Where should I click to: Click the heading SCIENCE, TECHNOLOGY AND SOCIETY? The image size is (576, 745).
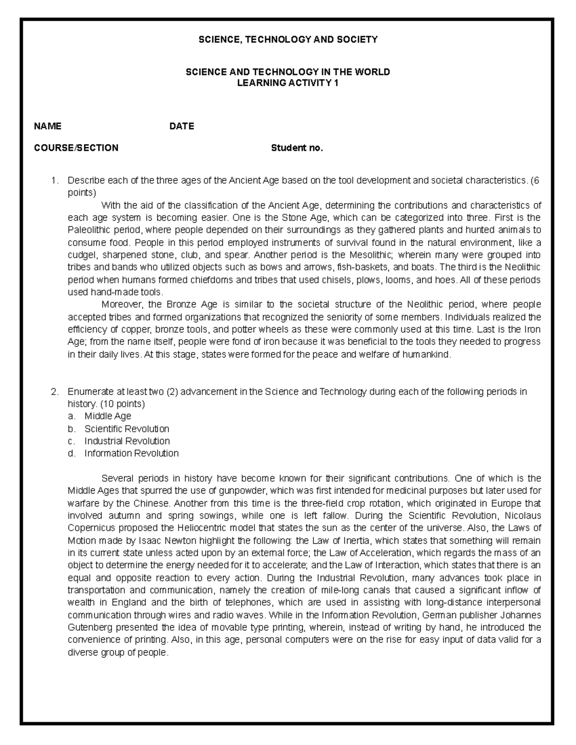click(x=288, y=40)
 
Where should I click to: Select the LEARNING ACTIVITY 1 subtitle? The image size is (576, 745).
click(x=288, y=83)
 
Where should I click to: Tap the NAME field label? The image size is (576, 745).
click(x=48, y=126)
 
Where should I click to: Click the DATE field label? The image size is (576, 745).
click(x=181, y=126)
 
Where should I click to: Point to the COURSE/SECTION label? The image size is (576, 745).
click(x=76, y=148)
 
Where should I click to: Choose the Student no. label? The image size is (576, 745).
click(x=297, y=148)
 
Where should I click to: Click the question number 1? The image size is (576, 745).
click(x=54, y=181)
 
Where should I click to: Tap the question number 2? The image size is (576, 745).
click(x=54, y=392)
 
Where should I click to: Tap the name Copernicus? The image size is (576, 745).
click(x=90, y=528)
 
